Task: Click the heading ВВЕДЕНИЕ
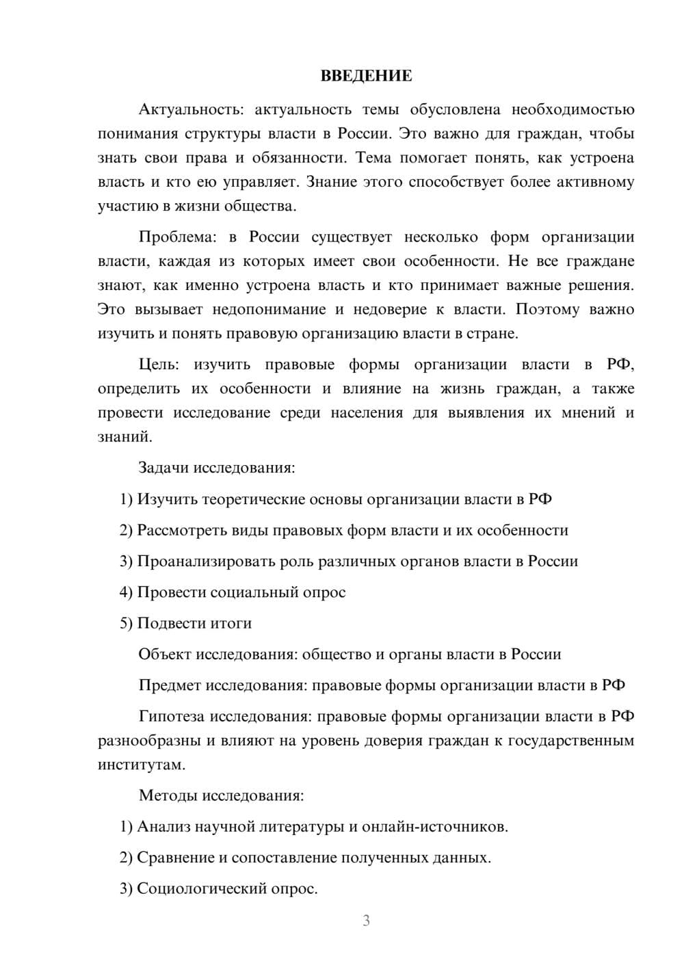(366, 76)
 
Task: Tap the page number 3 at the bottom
(366, 920)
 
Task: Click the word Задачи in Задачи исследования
(163, 468)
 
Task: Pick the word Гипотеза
(171, 716)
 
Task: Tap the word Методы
(166, 795)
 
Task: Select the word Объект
(165, 654)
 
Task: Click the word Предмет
(170, 685)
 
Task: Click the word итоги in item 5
(231, 623)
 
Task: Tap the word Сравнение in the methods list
(175, 858)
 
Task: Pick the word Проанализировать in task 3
(206, 561)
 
